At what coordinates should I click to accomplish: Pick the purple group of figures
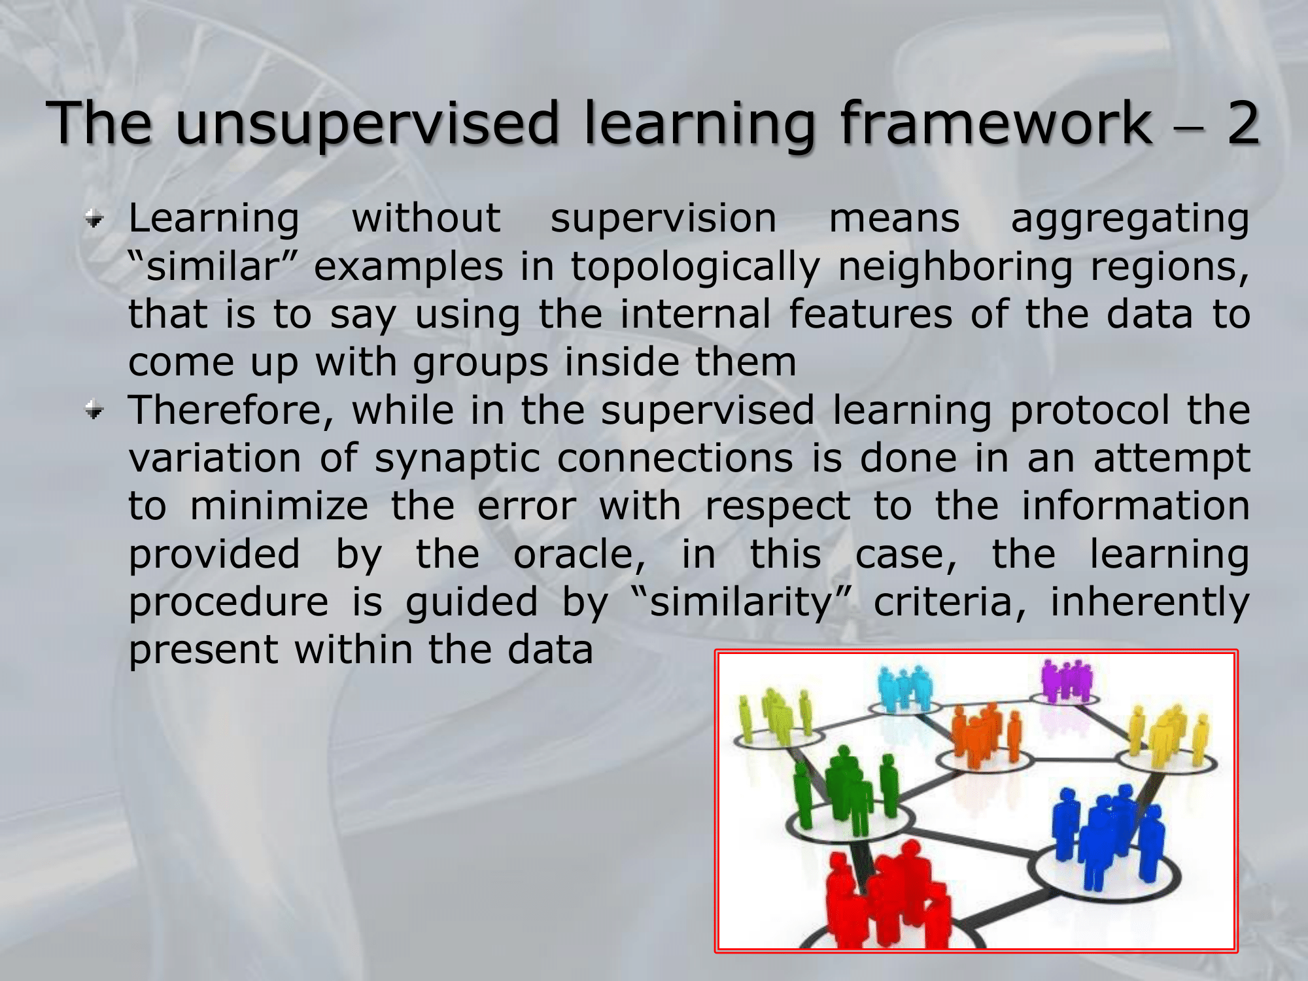coord(1067,680)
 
